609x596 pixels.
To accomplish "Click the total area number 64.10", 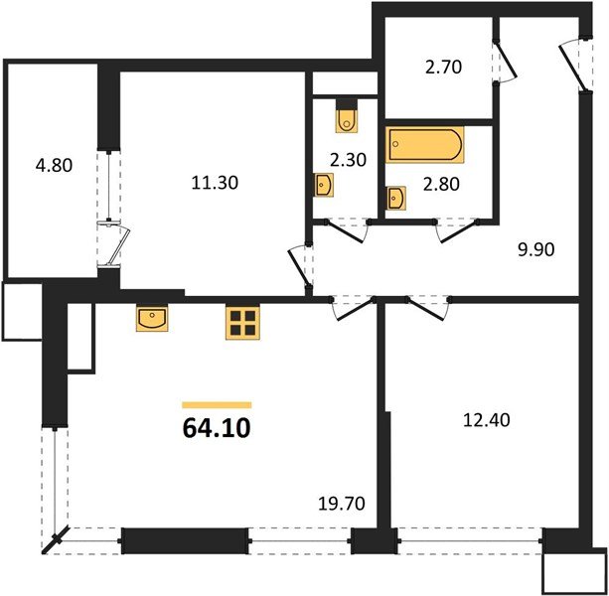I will click(216, 429).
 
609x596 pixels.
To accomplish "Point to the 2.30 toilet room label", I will click(347, 157).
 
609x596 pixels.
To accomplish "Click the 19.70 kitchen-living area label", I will click(341, 505).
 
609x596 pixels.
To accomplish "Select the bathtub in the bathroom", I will click(424, 143).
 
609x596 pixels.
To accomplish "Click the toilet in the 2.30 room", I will click(346, 117).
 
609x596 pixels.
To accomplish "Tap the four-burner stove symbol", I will click(242, 323).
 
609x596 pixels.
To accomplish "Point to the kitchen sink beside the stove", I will click(153, 319).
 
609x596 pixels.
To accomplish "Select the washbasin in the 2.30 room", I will click(325, 185).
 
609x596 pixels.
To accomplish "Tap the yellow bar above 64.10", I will click(217, 405).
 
